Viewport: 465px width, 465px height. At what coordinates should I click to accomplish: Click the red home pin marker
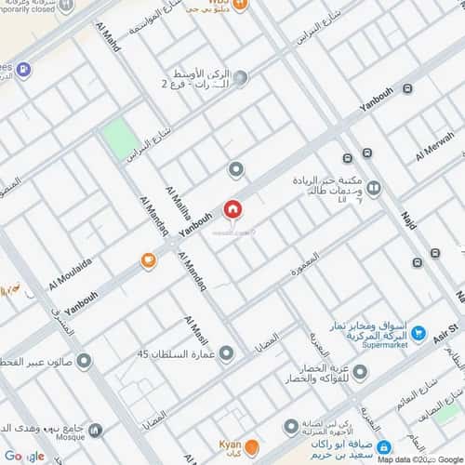(232, 209)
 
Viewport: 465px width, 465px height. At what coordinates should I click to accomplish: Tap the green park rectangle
(120, 139)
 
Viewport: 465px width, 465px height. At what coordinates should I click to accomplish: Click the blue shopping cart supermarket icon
(418, 332)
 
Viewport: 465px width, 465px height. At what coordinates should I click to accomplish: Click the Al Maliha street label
(177, 204)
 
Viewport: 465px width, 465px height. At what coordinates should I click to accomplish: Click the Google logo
(23, 456)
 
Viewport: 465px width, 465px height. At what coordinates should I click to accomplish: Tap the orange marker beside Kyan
(252, 448)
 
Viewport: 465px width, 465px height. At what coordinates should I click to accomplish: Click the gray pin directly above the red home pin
(235, 169)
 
